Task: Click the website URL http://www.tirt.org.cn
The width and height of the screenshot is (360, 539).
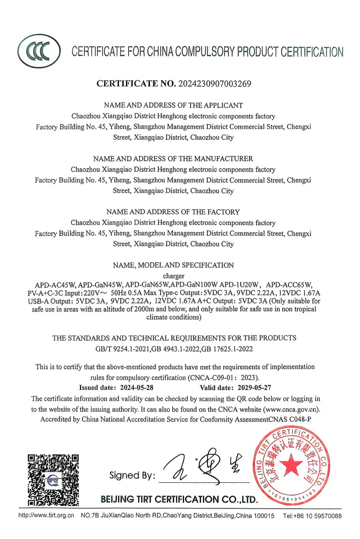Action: pos(46,516)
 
